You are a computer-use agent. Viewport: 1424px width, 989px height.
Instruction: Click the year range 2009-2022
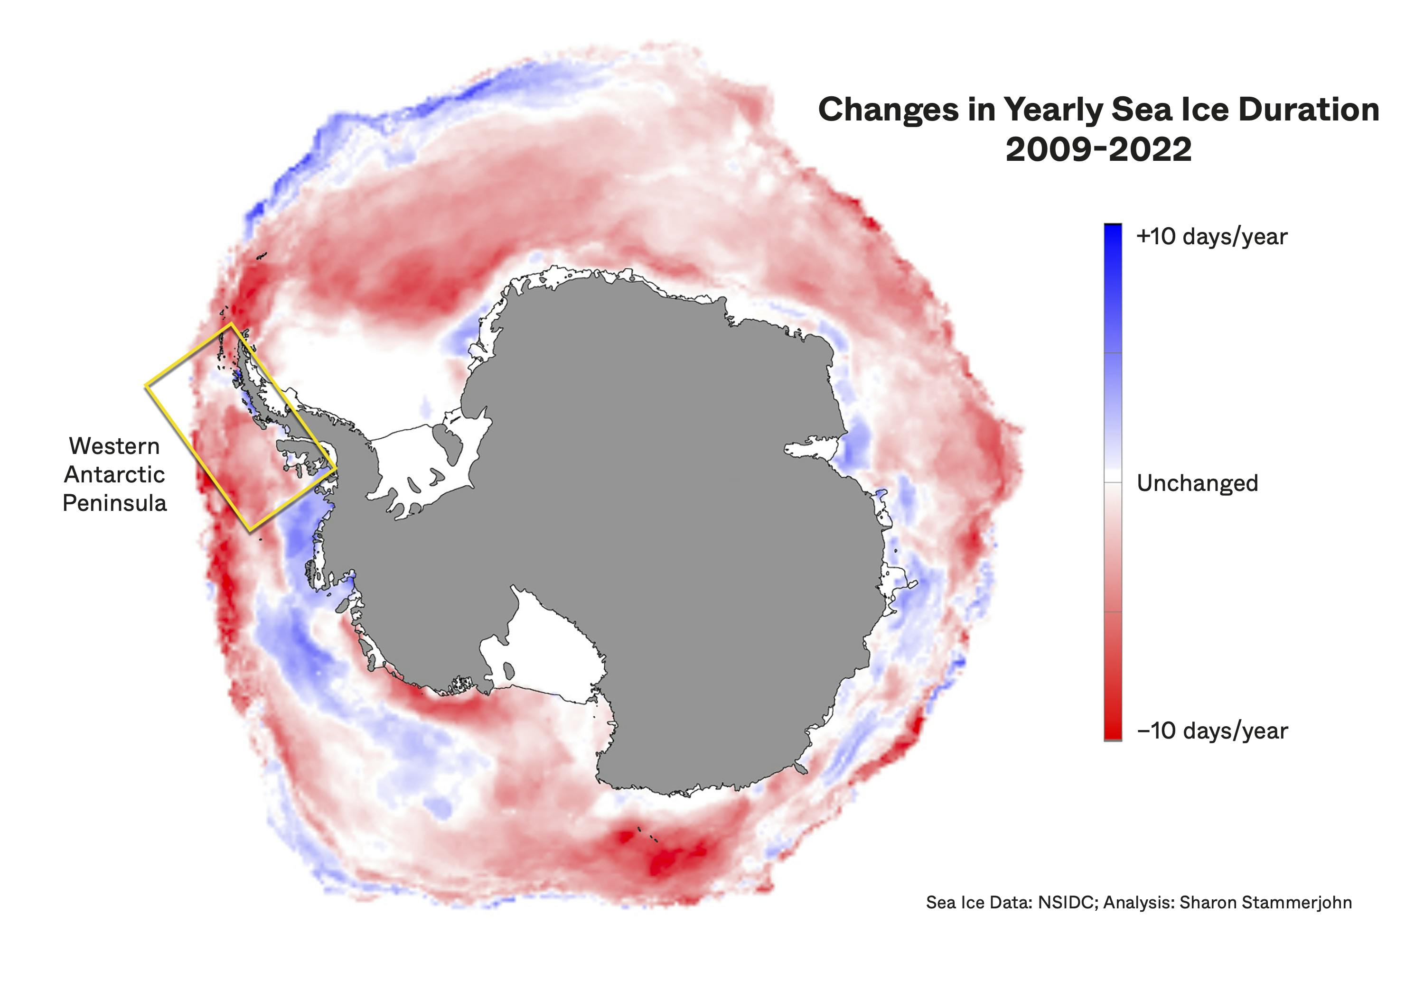click(1098, 150)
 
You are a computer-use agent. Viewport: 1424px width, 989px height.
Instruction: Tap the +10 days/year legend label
click(1211, 237)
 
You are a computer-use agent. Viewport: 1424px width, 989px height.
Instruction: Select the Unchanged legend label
click(1197, 483)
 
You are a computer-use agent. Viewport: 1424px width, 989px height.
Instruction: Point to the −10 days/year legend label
click(1212, 730)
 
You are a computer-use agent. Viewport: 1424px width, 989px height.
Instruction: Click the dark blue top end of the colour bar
click(1112, 232)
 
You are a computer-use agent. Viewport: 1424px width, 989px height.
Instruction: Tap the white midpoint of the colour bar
click(1112, 482)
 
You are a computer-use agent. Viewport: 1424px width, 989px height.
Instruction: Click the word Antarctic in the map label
click(115, 475)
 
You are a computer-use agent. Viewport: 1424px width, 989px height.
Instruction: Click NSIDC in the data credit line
click(1065, 902)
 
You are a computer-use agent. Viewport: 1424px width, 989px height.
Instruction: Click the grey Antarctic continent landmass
click(651, 496)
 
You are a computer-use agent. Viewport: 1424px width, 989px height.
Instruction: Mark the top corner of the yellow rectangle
click(231, 324)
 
